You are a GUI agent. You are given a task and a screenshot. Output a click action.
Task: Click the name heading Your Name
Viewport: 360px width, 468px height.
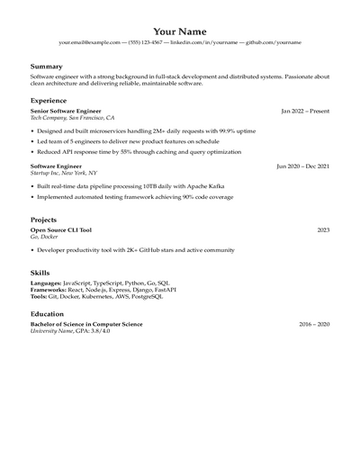coord(180,31)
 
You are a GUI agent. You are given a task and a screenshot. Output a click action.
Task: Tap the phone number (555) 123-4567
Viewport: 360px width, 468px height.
coord(145,42)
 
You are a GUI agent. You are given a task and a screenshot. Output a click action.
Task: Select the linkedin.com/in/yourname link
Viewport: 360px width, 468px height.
coord(203,42)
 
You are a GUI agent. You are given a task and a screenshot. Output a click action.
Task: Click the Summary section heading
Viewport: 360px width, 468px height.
coord(47,67)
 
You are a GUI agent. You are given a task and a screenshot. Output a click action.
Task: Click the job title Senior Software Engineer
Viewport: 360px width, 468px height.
coord(66,111)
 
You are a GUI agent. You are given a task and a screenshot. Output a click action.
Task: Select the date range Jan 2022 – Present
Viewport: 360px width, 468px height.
coord(305,111)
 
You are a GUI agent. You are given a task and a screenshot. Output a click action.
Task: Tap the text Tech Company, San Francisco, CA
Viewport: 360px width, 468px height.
coord(73,118)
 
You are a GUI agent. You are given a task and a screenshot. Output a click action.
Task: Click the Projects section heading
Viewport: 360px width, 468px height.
coord(44,220)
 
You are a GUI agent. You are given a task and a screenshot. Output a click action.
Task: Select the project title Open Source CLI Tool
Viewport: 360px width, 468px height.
coord(61,230)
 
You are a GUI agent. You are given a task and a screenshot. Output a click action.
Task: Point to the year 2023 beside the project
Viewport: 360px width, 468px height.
coord(323,230)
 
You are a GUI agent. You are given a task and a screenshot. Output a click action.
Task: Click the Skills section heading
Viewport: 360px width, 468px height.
coord(40,271)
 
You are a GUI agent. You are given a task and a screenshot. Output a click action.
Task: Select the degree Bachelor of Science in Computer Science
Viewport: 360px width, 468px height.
coord(86,324)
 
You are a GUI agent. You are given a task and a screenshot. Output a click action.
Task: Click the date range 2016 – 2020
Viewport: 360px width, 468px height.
coord(314,324)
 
